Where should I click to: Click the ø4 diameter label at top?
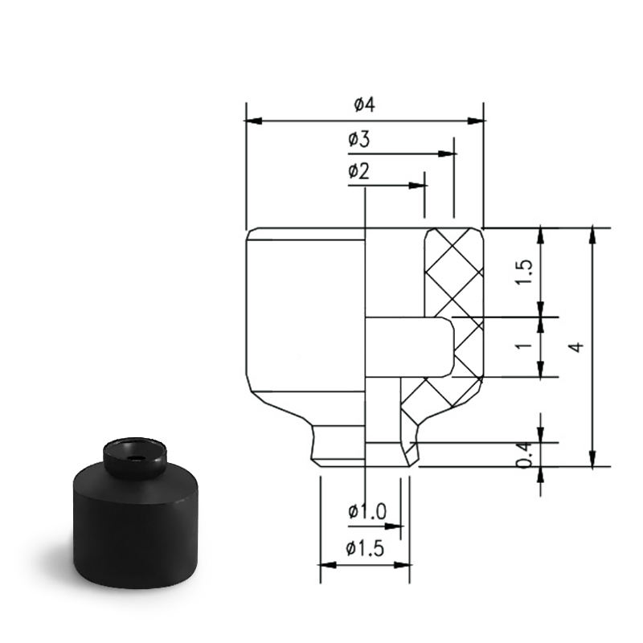pyautogui.click(x=364, y=105)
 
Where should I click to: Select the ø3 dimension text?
pyautogui.click(x=358, y=139)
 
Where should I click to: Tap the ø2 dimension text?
pyautogui.click(x=358, y=171)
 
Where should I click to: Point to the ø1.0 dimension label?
pyautogui.click(x=367, y=511)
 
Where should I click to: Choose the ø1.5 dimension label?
pyautogui.click(x=365, y=548)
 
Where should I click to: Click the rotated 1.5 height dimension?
pyautogui.click(x=524, y=272)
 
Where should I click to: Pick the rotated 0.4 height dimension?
pyautogui.click(x=524, y=455)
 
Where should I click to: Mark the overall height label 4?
pyautogui.click(x=576, y=347)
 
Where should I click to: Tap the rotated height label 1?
pyautogui.click(x=524, y=346)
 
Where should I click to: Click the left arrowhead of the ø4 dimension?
pyautogui.click(x=254, y=121)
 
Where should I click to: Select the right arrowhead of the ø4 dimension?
pyautogui.click(x=476, y=121)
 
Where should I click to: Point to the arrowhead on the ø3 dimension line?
pyautogui.click(x=446, y=154)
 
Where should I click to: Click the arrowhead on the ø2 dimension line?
pyautogui.click(x=416, y=186)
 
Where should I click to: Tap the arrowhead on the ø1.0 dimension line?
pyautogui.click(x=393, y=526)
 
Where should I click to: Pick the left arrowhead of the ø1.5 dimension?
pyautogui.click(x=329, y=565)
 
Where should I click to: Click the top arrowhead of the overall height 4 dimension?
pyautogui.click(x=592, y=235)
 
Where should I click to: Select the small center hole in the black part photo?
pyautogui.click(x=133, y=457)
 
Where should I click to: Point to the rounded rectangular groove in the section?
pyautogui.click(x=410, y=347)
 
